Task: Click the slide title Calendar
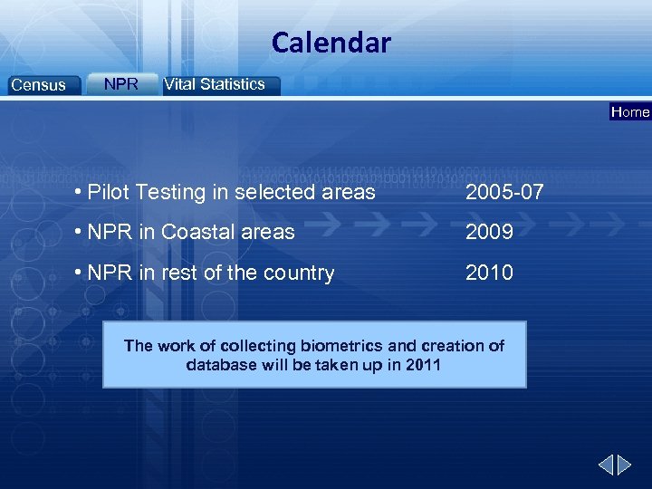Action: pos(331,43)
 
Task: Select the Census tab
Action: pos(38,85)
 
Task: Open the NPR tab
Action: pos(121,84)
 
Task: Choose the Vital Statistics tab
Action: pos(215,84)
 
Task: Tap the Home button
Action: pos(630,112)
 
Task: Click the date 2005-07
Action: pos(504,192)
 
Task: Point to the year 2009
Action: pos(489,232)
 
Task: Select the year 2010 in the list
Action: pos(489,273)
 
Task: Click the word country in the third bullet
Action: pos(299,273)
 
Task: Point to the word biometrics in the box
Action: pos(341,346)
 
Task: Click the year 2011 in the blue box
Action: pos(424,365)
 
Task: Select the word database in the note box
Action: pos(220,365)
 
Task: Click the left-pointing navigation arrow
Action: pos(606,465)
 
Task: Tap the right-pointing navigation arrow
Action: pos(625,465)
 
